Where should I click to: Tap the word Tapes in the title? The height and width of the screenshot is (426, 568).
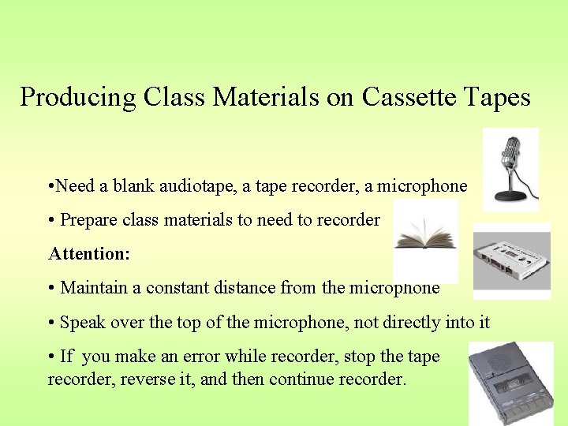tap(497, 97)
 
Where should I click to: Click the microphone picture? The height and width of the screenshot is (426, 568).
tap(511, 168)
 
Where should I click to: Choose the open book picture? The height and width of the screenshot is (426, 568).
tap(424, 239)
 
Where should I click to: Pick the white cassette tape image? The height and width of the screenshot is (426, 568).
tap(511, 261)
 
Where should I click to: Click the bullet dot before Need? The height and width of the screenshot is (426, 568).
tap(51, 187)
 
